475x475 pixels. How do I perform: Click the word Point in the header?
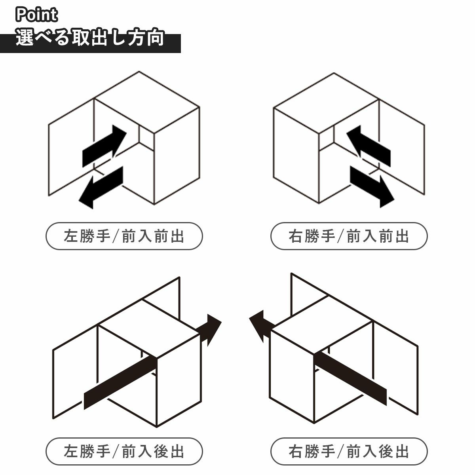point(37,15)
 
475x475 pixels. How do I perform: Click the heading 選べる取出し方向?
point(90,38)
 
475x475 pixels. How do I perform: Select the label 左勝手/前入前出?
point(124,236)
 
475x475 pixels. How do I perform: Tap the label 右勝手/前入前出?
point(349,236)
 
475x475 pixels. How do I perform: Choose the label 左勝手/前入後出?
point(124,451)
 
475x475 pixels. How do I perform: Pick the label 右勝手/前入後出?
point(349,451)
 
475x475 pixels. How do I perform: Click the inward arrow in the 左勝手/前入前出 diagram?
point(104,146)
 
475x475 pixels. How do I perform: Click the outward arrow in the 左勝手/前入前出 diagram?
point(101,188)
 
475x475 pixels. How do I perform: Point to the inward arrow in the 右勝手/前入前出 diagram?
point(369,146)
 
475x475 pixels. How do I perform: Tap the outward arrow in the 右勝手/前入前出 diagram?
point(372,186)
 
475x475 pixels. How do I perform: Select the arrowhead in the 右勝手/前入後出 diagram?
point(260,326)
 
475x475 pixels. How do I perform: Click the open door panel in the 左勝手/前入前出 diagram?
point(71,147)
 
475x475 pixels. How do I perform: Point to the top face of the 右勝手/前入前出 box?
point(326,103)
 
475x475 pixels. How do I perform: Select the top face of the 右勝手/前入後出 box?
point(321,325)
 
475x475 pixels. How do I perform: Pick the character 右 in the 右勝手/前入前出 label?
point(296,236)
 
